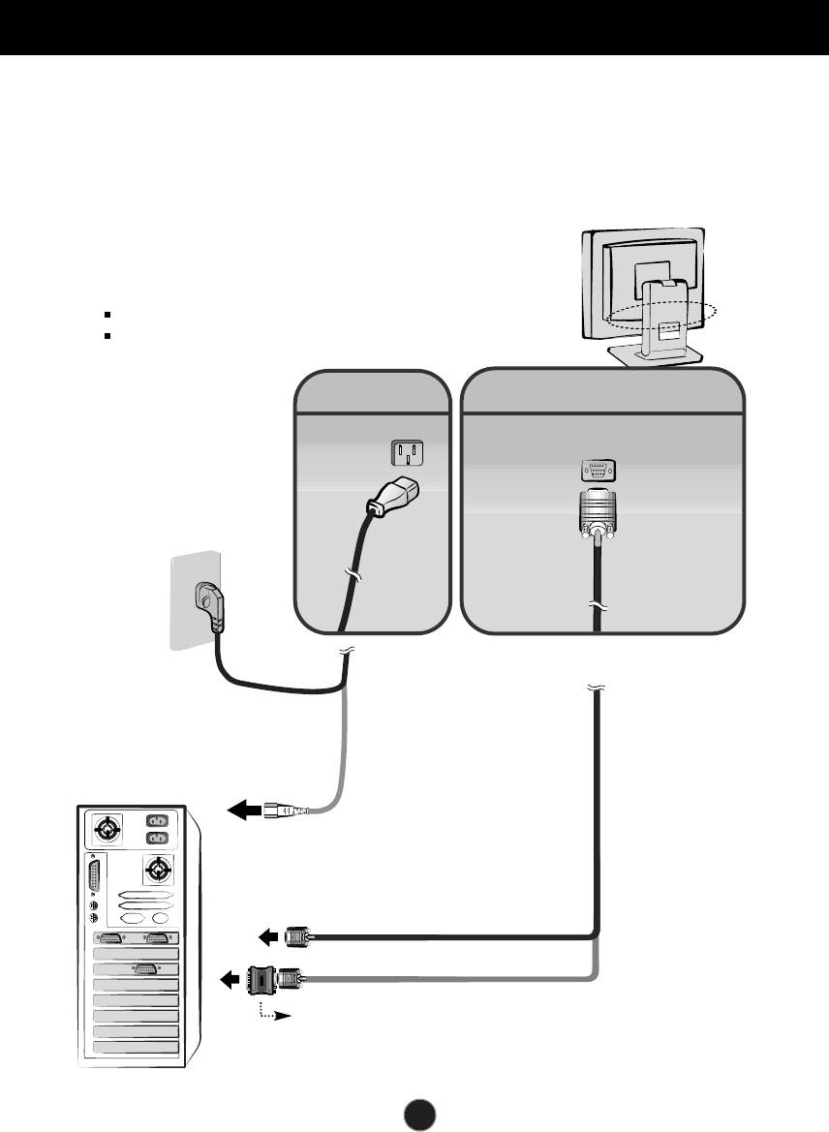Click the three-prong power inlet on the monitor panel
pyautogui.click(x=407, y=452)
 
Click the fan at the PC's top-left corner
pyautogui.click(x=107, y=830)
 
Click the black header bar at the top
pyautogui.click(x=414, y=26)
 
